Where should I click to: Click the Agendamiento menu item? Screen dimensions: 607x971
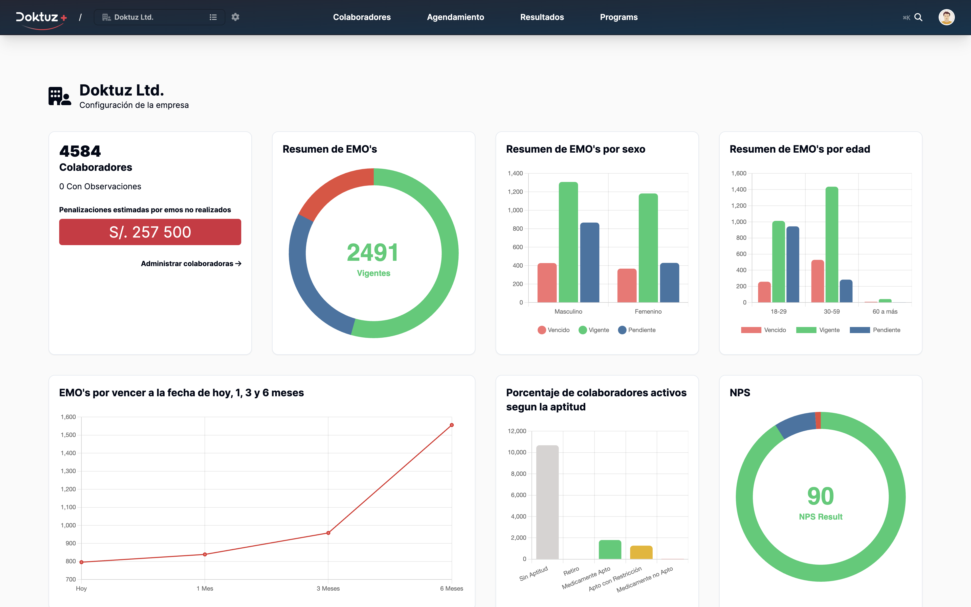click(455, 17)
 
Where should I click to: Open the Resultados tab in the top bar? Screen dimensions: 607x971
click(542, 17)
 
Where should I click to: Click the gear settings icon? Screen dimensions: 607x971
click(235, 17)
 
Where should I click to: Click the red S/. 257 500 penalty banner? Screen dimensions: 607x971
click(150, 232)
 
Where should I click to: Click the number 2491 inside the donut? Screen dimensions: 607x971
click(373, 252)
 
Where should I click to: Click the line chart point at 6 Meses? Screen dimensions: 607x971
click(452, 425)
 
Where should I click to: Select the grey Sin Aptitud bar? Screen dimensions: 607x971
click(547, 502)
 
